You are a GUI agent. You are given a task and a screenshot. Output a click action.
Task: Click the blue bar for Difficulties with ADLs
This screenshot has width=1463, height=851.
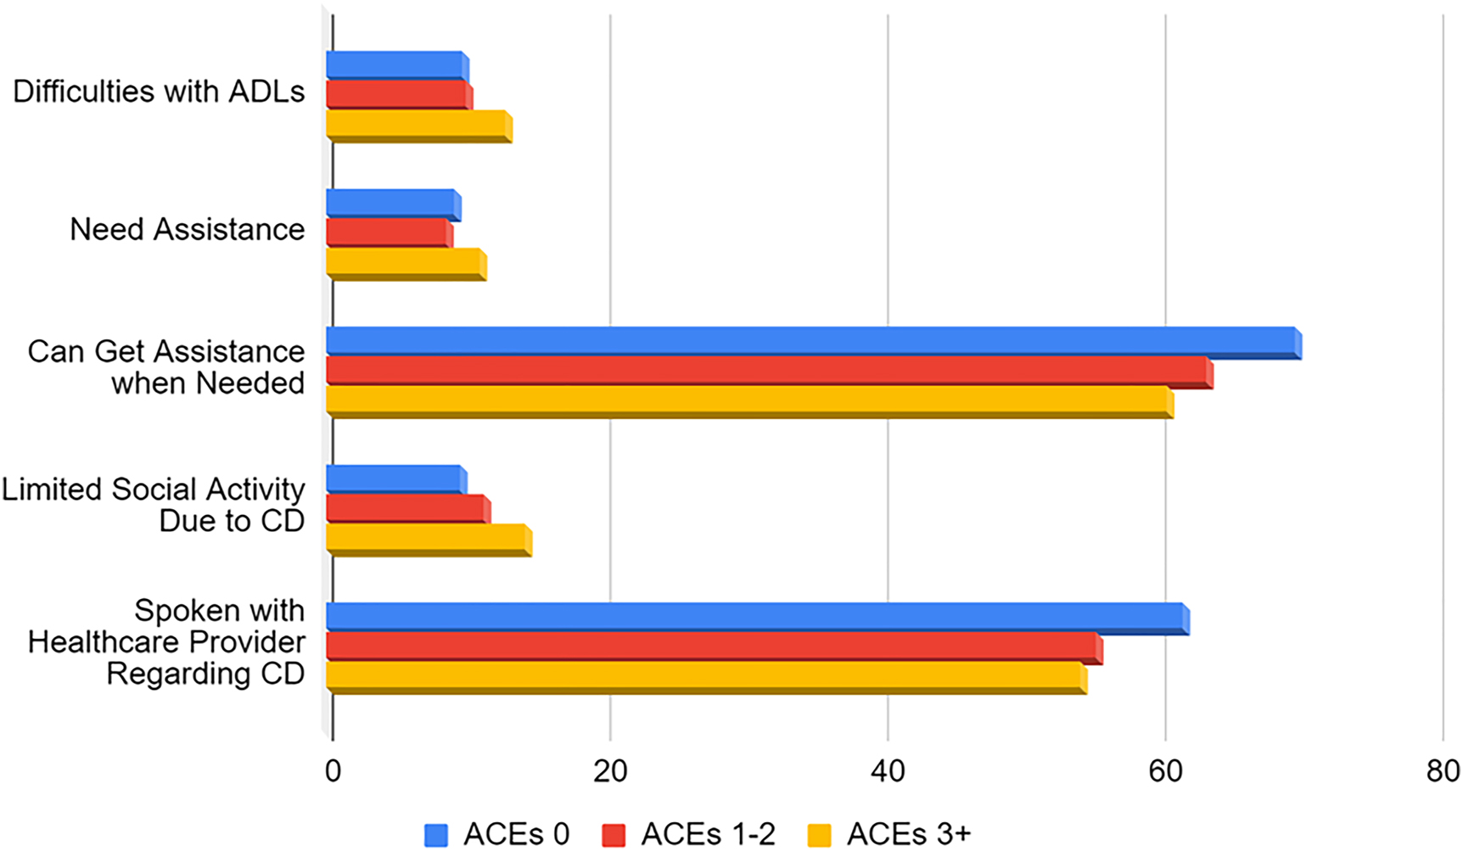pos(396,65)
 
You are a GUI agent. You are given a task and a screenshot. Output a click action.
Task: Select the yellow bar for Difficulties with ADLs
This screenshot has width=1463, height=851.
pos(418,125)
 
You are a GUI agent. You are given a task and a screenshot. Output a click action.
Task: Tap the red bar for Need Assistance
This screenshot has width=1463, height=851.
pos(389,232)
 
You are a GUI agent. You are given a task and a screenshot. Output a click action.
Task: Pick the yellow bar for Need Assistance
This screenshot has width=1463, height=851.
pos(406,263)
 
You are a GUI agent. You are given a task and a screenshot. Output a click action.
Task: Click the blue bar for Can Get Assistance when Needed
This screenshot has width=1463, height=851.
pos(812,341)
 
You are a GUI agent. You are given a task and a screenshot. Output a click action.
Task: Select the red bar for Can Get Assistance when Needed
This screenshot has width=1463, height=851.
pos(768,372)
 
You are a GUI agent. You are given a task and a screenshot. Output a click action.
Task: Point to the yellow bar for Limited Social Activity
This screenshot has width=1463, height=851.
pos(428,539)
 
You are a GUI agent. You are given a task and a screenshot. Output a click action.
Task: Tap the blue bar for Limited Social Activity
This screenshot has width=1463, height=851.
pos(395,479)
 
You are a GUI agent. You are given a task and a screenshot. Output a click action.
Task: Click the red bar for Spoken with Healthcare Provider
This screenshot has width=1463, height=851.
pos(713,647)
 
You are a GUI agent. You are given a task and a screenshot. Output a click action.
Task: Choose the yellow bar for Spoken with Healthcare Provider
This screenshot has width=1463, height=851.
pos(705,676)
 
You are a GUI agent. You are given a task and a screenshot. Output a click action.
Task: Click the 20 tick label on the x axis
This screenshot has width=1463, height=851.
pos(610,770)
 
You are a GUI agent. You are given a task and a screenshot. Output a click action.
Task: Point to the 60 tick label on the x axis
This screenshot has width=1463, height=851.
pos(1165,770)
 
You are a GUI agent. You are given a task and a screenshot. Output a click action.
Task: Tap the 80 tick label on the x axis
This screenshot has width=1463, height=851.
pos(1443,770)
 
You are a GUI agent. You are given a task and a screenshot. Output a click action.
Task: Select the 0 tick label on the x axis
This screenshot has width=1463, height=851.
pos(333,770)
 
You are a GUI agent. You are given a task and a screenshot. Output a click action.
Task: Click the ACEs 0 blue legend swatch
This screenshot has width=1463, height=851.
pos(436,835)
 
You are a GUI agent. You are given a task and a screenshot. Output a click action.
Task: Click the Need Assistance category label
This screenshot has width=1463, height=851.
pos(187,229)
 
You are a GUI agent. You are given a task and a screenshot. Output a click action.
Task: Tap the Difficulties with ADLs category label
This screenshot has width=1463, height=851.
pos(159,91)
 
